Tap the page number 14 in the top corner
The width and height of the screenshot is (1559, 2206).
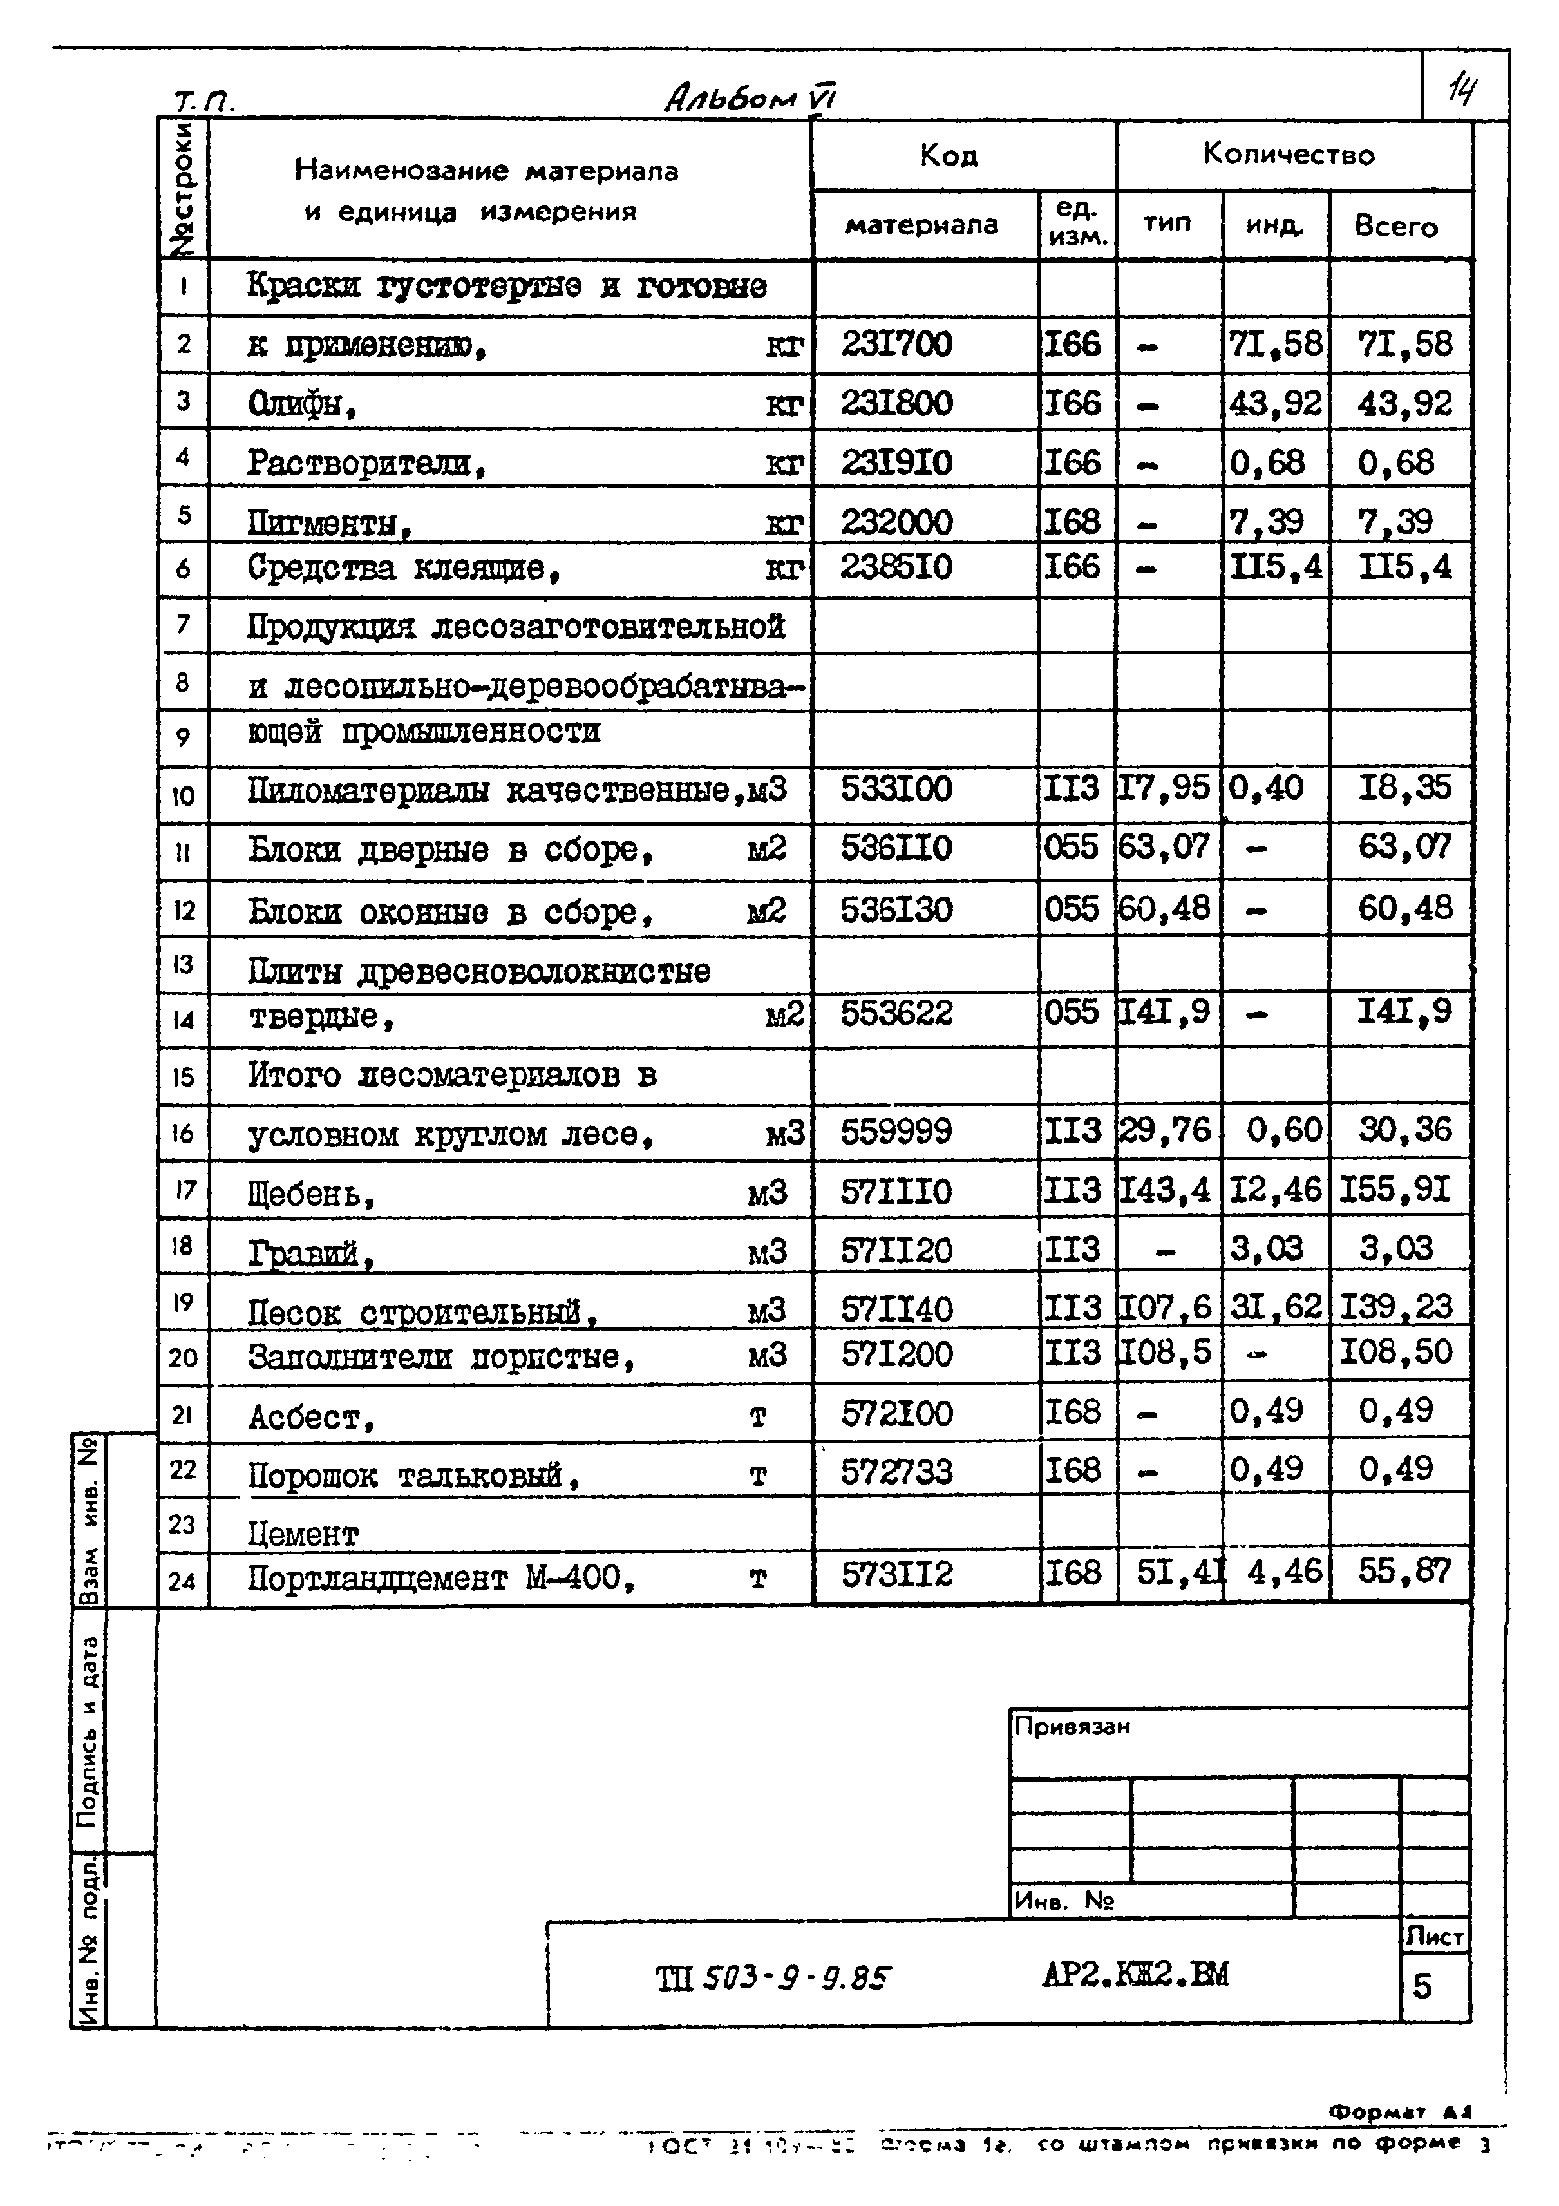click(x=1462, y=91)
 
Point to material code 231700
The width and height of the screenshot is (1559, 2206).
click(x=896, y=344)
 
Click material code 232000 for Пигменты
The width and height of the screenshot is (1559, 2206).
click(x=896, y=522)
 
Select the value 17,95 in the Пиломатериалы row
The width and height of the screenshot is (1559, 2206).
click(x=1164, y=788)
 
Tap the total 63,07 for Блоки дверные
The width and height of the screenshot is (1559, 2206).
click(x=1403, y=848)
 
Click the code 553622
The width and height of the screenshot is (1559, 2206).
click(x=896, y=1013)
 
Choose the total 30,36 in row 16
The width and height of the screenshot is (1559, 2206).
click(x=1403, y=1130)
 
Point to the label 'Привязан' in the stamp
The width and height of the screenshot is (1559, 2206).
click(x=1072, y=1727)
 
